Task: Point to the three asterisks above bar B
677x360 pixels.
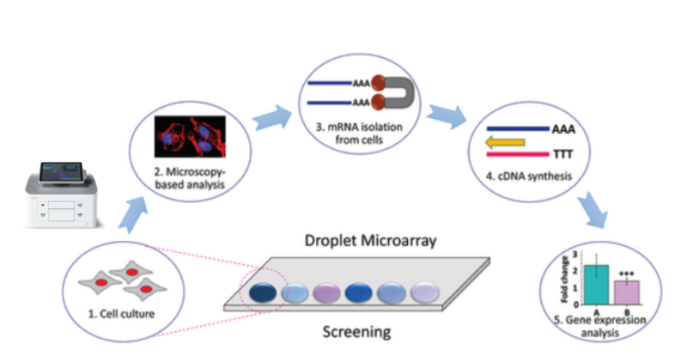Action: tap(627, 272)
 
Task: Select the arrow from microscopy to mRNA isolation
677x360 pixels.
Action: tap(269, 118)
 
